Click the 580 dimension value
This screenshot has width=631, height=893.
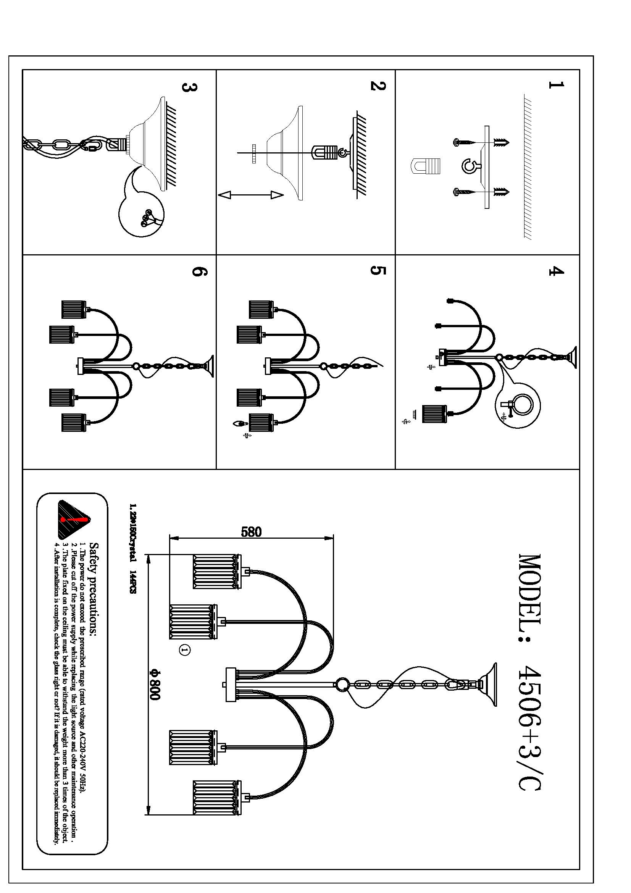pyautogui.click(x=252, y=532)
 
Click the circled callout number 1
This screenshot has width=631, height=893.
pyautogui.click(x=185, y=649)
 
